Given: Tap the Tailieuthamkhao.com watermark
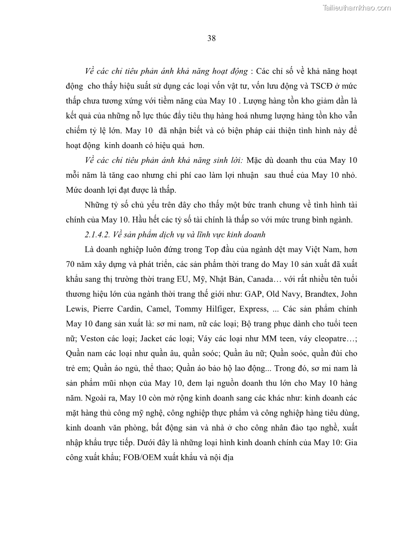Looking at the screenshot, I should tap(357, 7).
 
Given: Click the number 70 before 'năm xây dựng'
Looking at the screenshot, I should tap(71, 264).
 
